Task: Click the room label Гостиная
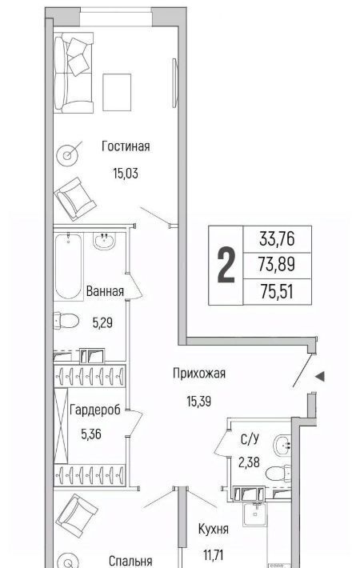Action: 126,146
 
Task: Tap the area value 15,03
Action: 126,174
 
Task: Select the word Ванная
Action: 105,291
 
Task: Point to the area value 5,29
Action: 102,322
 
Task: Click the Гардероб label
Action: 95,410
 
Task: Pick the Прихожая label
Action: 199,373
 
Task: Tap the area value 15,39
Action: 199,401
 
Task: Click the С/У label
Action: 250,439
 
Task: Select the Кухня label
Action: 214,530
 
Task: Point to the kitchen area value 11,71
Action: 214,554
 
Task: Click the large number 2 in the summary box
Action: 226,265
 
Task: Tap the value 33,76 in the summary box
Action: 277,239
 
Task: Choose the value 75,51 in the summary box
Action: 277,291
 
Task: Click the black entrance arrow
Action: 320,377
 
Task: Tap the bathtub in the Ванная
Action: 68,266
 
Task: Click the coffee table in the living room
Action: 117,92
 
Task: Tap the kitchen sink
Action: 254,514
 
